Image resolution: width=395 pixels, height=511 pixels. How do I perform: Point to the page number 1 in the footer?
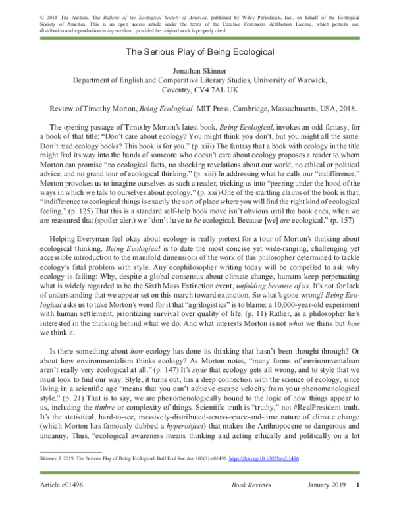click(357, 486)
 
